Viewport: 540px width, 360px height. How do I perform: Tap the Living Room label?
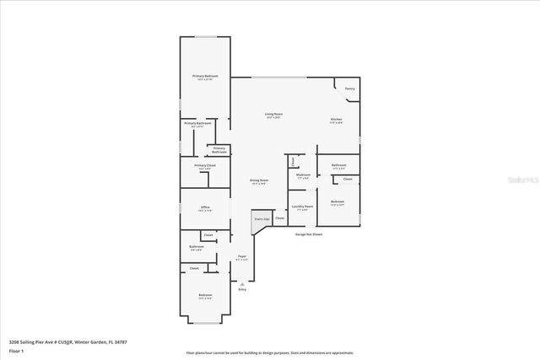(273, 115)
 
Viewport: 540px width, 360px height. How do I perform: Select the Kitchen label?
(336, 121)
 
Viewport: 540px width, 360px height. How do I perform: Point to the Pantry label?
(349, 89)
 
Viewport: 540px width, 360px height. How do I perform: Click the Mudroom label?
(304, 175)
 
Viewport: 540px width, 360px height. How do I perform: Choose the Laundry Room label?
(303, 207)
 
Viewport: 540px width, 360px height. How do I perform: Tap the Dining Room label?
(258, 180)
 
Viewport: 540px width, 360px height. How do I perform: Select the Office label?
(205, 207)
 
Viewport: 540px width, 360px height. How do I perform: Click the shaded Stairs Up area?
(260, 220)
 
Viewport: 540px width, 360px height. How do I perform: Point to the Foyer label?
(242, 256)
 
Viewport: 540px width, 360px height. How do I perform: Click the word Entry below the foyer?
(242, 289)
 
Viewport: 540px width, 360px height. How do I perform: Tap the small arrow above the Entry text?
(242, 282)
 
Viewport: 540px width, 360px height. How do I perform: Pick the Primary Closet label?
(205, 166)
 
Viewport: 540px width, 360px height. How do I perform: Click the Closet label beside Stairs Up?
(279, 218)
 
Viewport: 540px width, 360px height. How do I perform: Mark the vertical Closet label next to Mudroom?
(292, 161)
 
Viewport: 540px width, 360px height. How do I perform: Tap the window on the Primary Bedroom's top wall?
(205, 36)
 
